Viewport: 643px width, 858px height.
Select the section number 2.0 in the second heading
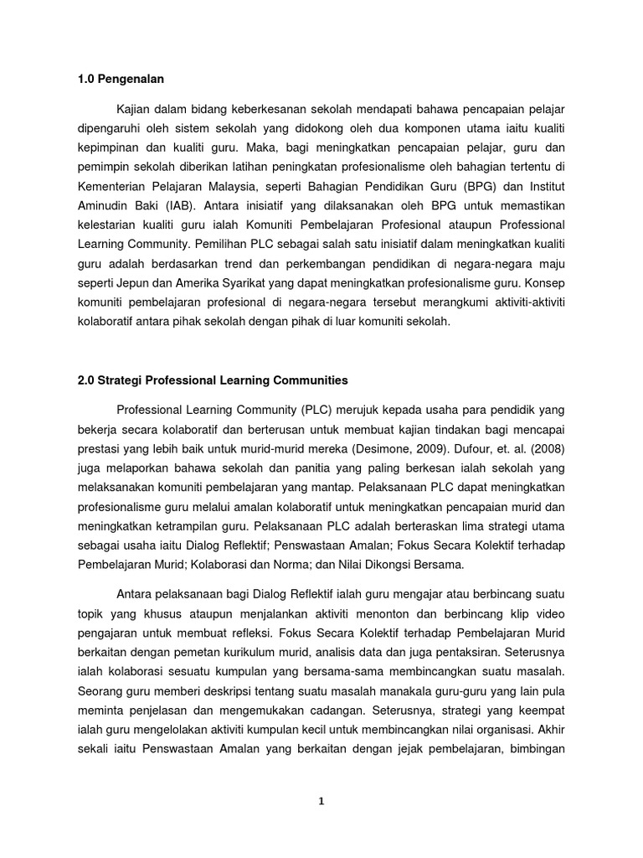pos(86,380)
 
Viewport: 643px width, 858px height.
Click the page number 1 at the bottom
pos(321,801)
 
